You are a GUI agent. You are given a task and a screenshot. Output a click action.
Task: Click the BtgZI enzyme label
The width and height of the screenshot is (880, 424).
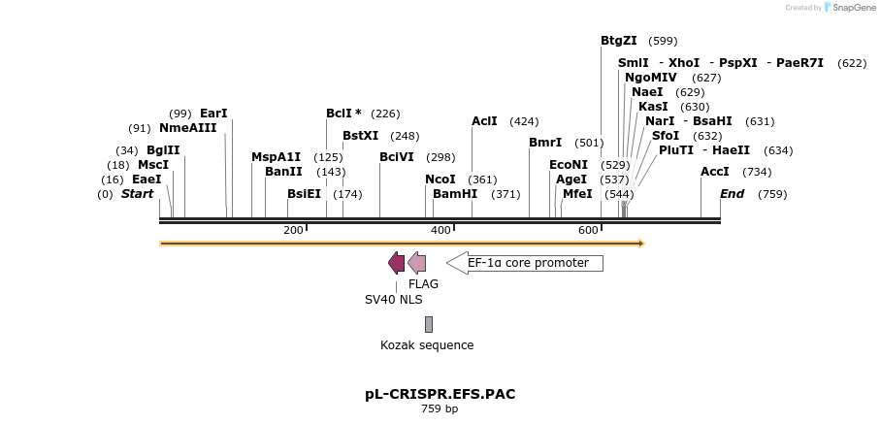[619, 41]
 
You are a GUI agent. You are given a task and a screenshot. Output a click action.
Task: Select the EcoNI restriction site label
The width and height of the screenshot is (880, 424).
[568, 165]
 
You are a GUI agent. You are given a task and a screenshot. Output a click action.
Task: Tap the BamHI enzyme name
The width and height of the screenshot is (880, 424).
[455, 194]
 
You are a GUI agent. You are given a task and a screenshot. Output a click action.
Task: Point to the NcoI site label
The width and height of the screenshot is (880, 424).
[440, 179]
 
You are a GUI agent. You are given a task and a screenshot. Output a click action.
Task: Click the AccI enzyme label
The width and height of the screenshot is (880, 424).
[715, 172]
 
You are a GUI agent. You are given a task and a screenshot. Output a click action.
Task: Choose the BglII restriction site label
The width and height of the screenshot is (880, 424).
[163, 150]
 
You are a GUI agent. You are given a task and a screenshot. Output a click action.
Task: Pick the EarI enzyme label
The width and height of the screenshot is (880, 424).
[213, 114]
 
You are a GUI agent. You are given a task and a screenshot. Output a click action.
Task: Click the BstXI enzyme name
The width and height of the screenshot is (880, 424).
[361, 136]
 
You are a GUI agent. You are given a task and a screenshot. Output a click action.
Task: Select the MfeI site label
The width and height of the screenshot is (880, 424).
[577, 194]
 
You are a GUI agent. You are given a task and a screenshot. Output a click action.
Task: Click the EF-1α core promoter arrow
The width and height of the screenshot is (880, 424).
[524, 263]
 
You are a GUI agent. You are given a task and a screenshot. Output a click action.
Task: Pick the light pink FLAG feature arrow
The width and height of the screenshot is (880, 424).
[417, 263]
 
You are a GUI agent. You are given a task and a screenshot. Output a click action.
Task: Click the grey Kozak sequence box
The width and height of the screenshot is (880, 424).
[429, 324]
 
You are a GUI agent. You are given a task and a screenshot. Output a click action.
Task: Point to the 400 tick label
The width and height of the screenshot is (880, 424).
[440, 230]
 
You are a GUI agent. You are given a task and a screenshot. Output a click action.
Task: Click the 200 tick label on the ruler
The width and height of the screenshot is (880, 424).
[293, 230]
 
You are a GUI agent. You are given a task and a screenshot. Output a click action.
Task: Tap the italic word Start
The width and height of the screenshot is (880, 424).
[137, 194]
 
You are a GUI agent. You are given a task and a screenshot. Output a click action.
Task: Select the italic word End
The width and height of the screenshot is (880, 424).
[733, 194]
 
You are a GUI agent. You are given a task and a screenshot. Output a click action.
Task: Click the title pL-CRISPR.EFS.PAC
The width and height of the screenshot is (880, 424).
[440, 394]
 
